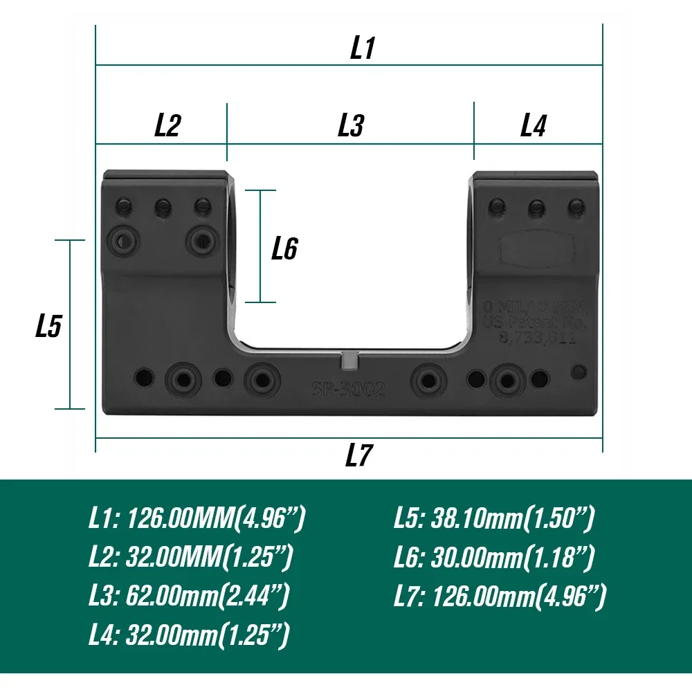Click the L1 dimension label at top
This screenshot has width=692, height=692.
(x=362, y=48)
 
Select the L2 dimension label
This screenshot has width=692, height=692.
(x=167, y=125)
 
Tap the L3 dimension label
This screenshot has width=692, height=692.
(x=351, y=125)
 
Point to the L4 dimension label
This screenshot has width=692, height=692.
(x=534, y=125)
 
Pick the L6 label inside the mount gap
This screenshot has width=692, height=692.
(x=284, y=248)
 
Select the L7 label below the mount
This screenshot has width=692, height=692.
(x=359, y=456)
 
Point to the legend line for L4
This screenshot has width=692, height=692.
(x=189, y=635)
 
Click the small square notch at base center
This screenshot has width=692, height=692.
(x=352, y=361)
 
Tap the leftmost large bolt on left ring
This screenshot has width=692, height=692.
(x=122, y=240)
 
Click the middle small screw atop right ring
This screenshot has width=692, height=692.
(x=536, y=206)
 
